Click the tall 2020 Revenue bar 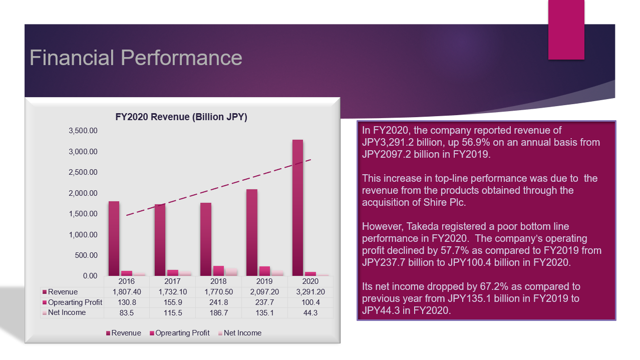pyautogui.click(x=297, y=208)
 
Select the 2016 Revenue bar pyautogui.click(x=114, y=238)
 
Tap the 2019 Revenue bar pyautogui.click(x=252, y=233)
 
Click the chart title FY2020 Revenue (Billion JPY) pyautogui.click(x=181, y=117)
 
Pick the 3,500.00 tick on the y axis pyautogui.click(x=83, y=131)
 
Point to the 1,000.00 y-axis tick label pyautogui.click(x=83, y=234)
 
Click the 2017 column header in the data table pyautogui.click(x=172, y=281)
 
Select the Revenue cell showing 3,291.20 pyautogui.click(x=310, y=292)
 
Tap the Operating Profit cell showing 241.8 pyautogui.click(x=218, y=302)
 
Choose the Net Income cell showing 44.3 pyautogui.click(x=310, y=313)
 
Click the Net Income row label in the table pyautogui.click(x=67, y=313)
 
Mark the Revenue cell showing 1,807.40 pyautogui.click(x=127, y=292)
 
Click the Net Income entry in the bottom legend pyautogui.click(x=242, y=333)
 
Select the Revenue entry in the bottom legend pyautogui.click(x=126, y=333)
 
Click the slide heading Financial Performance pyautogui.click(x=136, y=58)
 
